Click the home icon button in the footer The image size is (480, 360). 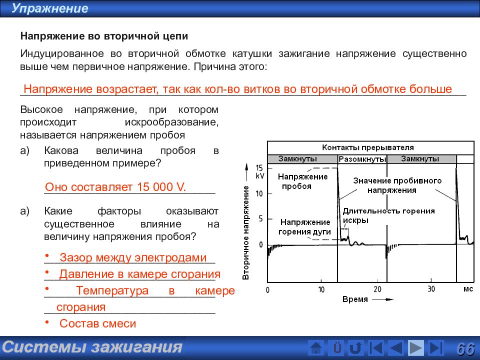[x=316, y=348]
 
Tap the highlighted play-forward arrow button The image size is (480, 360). [x=415, y=348]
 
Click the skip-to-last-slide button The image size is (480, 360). [x=436, y=348]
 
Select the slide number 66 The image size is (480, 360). [x=465, y=348]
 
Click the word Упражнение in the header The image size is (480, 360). [x=50, y=8]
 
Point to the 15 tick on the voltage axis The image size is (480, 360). [x=259, y=168]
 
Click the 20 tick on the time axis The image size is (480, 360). [x=377, y=289]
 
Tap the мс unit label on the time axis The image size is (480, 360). [x=467, y=289]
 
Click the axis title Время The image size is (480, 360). [x=355, y=299]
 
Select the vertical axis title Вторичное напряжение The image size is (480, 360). [x=246, y=232]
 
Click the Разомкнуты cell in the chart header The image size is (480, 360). [x=362, y=159]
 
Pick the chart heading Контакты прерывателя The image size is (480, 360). [x=367, y=147]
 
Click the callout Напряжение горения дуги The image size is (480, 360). [x=305, y=226]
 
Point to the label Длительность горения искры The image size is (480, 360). [x=388, y=215]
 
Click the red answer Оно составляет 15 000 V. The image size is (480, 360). [x=115, y=187]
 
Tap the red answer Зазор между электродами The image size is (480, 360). [x=132, y=257]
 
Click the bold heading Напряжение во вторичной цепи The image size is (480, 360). [x=104, y=37]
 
